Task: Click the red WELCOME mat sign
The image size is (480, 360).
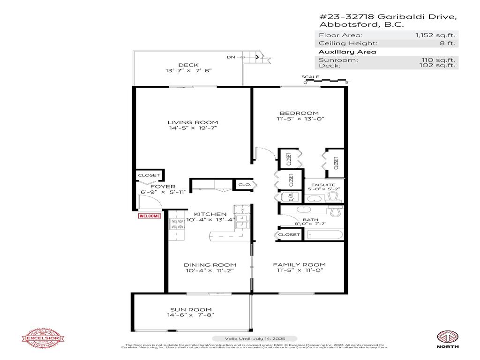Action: [x=149, y=216]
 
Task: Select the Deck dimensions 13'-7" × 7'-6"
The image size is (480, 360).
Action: [x=188, y=71]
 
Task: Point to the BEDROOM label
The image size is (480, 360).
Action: [x=299, y=113]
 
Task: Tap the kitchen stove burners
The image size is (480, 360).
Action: [x=177, y=224]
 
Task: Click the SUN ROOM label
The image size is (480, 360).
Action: [x=190, y=309]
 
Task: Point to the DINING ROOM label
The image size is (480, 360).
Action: [x=210, y=264]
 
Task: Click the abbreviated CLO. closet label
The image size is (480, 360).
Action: [x=245, y=185]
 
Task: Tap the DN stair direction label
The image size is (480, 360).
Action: [x=231, y=57]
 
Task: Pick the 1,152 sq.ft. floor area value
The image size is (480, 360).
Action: [x=435, y=35]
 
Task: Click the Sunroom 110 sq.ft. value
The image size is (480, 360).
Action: [x=438, y=60]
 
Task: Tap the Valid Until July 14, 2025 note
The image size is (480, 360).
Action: [x=255, y=338]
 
